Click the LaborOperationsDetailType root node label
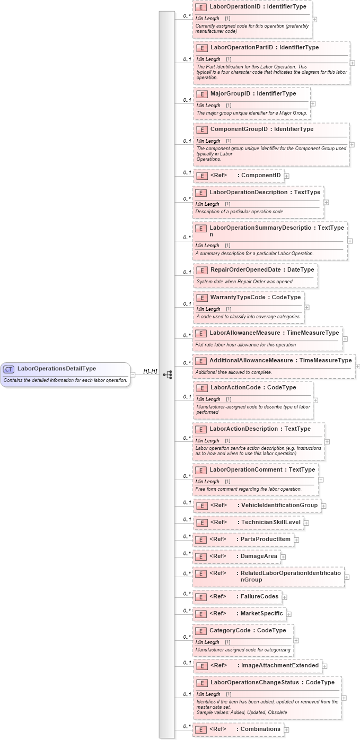click(57, 369)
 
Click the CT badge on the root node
click(9, 369)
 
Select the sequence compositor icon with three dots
click(168, 375)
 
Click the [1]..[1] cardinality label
click(150, 371)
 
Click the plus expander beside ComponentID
click(287, 176)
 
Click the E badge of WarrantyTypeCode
click(201, 298)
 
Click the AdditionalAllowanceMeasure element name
click(253, 360)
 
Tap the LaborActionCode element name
click(235, 387)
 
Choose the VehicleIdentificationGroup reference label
click(278, 505)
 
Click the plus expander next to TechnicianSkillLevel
click(306, 523)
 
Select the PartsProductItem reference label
click(266, 539)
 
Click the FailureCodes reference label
click(259, 597)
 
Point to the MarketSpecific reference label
click(261, 614)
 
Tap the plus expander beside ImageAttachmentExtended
click(325, 666)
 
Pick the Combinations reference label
click(260, 729)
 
